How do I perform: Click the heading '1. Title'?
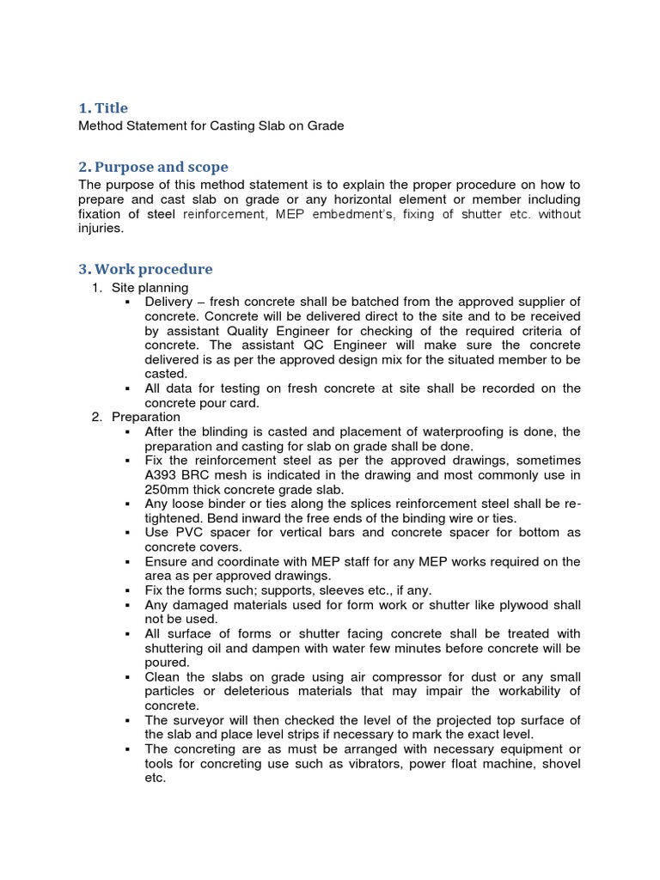103,108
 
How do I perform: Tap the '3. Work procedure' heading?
145,269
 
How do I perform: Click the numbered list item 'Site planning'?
150,287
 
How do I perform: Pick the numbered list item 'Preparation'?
145,417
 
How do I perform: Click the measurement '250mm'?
168,489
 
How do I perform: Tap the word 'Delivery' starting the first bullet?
170,302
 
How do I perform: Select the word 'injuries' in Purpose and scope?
101,229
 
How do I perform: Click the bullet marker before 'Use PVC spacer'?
126,533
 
